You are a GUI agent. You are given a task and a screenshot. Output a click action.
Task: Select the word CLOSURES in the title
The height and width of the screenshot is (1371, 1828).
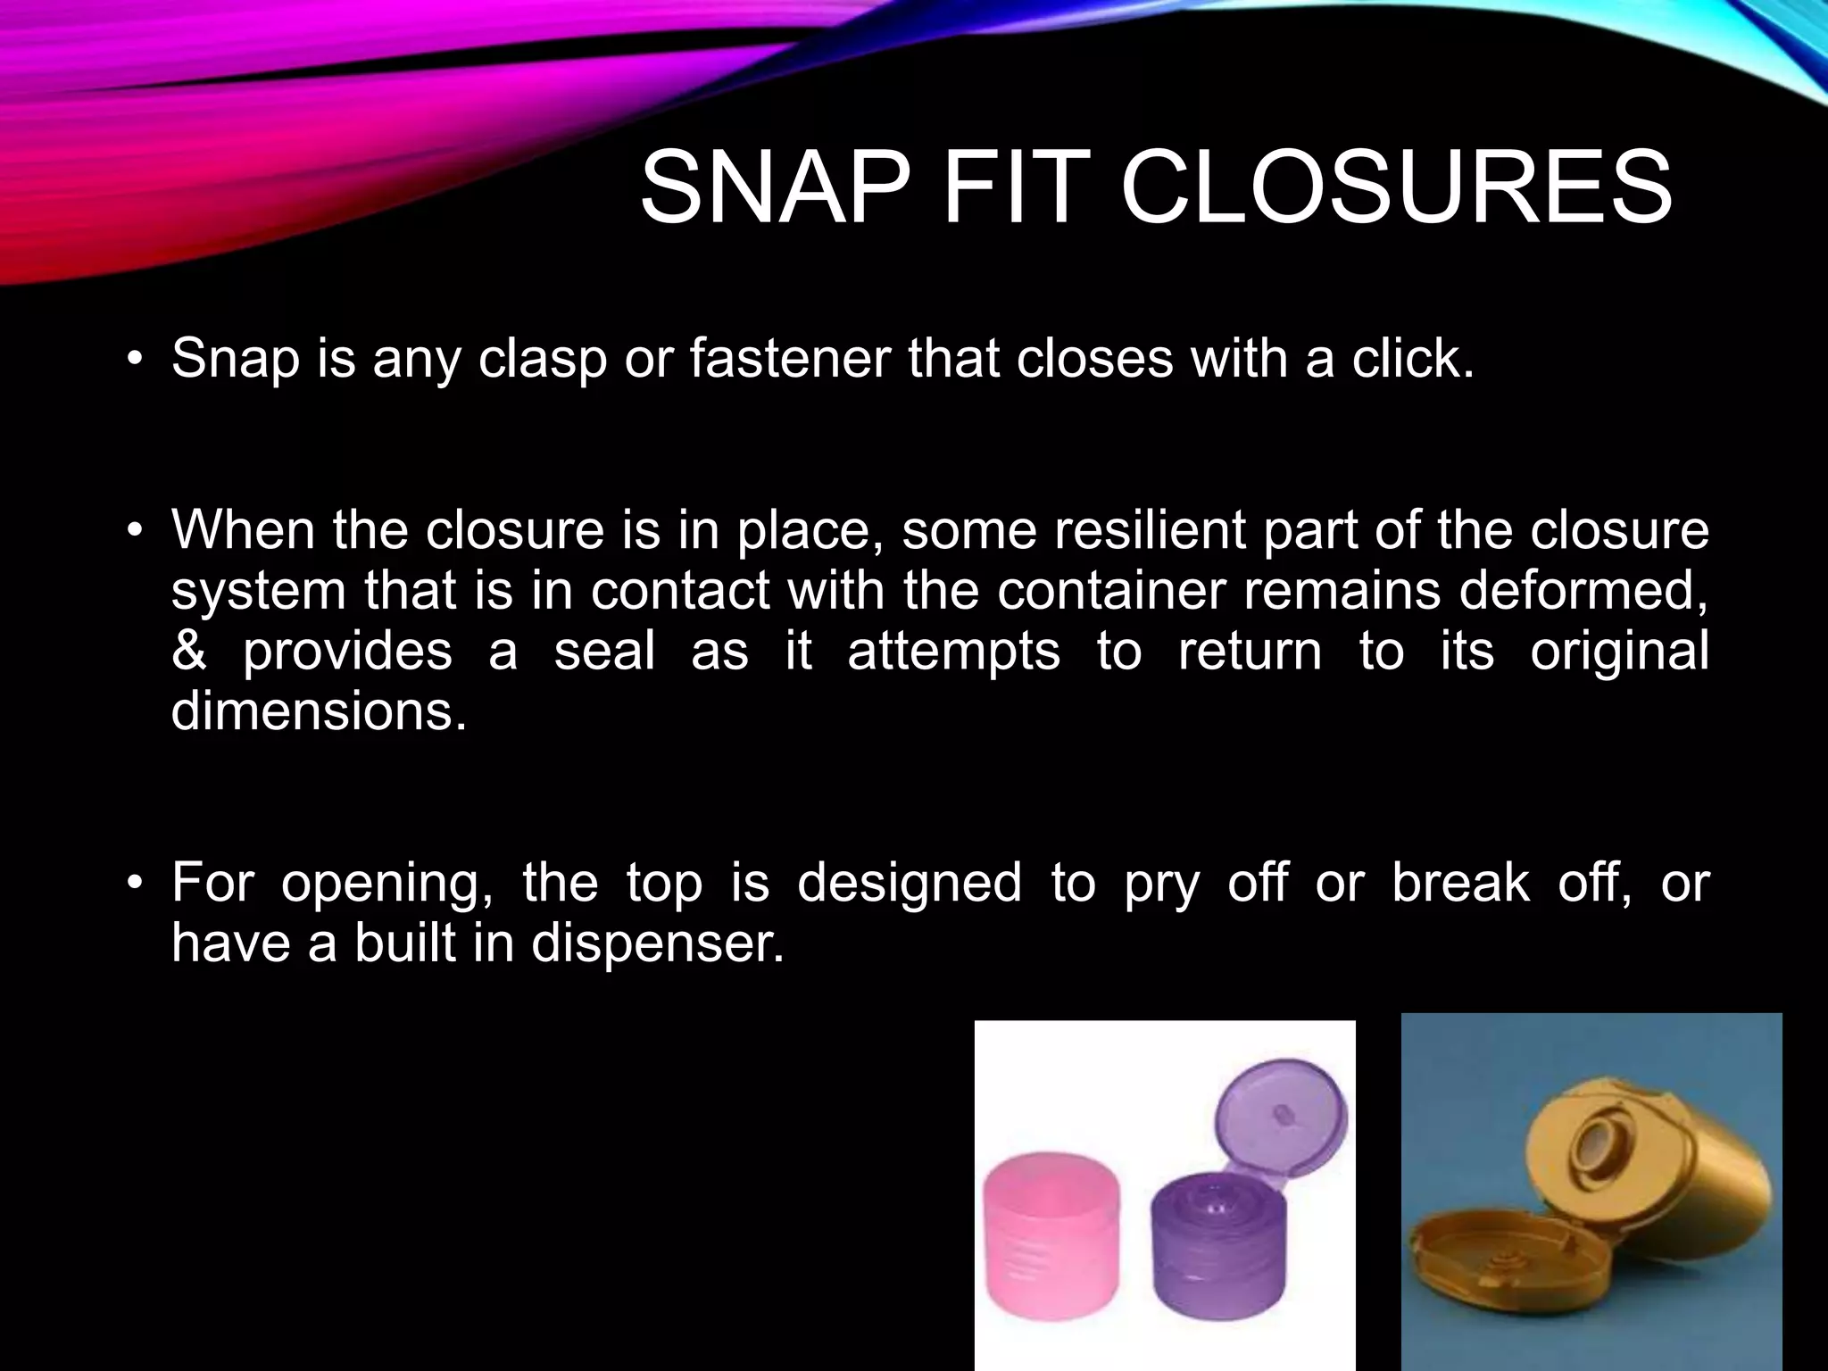click(1396, 190)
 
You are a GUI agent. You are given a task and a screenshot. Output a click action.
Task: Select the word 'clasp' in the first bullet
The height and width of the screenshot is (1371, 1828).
click(543, 361)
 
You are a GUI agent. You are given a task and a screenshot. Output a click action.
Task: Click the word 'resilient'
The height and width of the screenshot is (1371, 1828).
click(1150, 530)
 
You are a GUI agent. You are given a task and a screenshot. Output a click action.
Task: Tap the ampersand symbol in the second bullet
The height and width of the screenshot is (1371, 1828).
click(188, 651)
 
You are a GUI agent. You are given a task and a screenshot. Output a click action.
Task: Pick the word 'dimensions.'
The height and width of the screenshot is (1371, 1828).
click(319, 711)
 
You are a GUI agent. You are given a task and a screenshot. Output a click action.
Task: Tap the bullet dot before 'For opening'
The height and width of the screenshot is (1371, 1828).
click(135, 884)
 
